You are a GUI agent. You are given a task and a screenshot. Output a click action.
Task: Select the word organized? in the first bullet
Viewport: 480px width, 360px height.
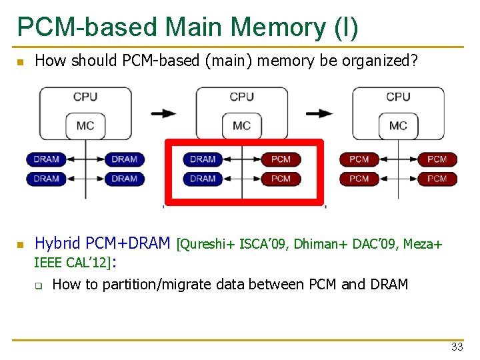click(380, 61)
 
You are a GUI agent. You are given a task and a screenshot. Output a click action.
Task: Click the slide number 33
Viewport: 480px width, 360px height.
click(457, 347)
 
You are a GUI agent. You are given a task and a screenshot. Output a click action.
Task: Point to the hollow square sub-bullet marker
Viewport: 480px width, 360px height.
click(39, 286)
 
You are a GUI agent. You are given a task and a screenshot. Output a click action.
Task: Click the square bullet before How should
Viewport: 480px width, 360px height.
click(20, 63)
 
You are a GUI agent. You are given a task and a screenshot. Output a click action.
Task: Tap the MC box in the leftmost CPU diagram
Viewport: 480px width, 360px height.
click(85, 125)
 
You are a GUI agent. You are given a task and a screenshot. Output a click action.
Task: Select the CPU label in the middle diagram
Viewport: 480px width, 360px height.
click(241, 97)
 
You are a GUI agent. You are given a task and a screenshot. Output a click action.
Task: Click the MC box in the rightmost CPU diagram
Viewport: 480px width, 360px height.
click(398, 125)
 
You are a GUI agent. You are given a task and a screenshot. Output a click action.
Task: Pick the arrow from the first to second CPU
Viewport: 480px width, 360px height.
click(163, 113)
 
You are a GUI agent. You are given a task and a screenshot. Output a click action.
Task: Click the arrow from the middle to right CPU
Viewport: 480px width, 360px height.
click(320, 113)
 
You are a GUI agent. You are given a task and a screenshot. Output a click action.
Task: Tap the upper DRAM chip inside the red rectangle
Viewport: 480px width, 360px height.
click(203, 159)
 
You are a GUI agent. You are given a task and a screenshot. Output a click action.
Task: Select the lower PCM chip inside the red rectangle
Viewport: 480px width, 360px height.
click(281, 179)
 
